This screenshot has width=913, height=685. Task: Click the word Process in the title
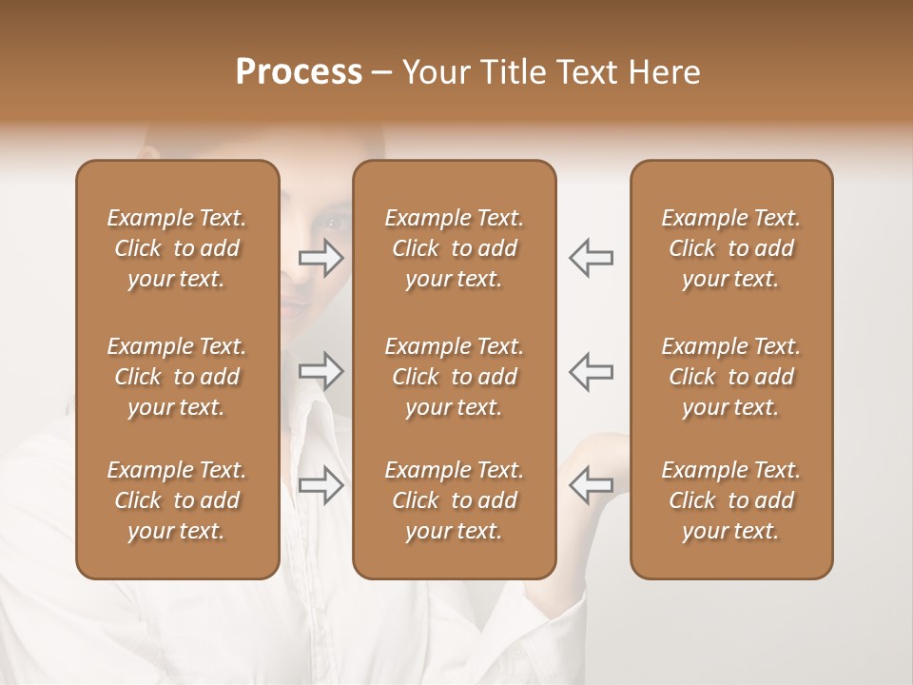click(299, 72)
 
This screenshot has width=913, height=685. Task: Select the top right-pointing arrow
click(321, 257)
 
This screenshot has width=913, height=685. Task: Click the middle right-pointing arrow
click(321, 371)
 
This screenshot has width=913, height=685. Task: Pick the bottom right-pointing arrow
click(321, 484)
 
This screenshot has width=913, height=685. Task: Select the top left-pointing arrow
click(592, 257)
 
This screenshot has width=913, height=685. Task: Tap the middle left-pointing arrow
click(592, 371)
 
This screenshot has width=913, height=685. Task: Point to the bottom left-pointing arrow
click(592, 484)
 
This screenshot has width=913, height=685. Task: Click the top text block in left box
click(177, 248)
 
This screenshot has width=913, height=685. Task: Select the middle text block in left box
click(177, 377)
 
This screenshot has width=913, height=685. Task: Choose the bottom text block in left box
click(177, 500)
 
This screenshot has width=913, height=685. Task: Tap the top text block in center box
click(455, 248)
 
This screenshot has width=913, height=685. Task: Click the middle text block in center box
click(455, 377)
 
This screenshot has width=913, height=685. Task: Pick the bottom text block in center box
click(455, 500)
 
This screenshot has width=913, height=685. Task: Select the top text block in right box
click(731, 248)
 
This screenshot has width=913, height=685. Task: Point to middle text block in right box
click(731, 377)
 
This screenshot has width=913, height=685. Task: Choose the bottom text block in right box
click(731, 500)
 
